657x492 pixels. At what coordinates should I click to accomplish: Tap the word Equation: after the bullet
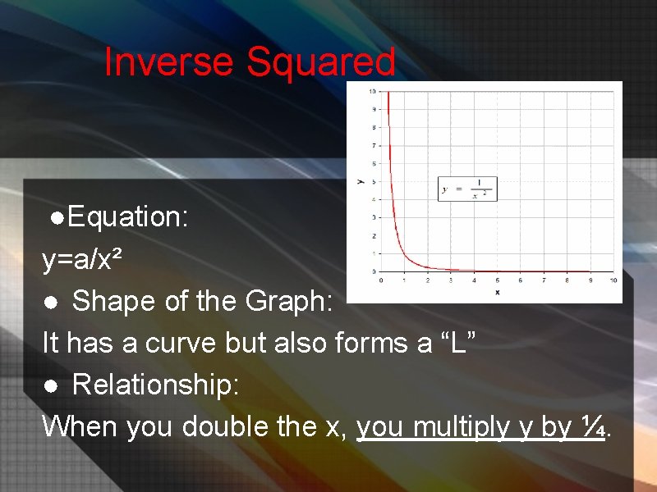pyautogui.click(x=129, y=217)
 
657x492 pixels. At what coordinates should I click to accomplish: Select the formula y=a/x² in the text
pyautogui.click(x=83, y=260)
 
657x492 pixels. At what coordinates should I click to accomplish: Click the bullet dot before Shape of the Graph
pyautogui.click(x=50, y=303)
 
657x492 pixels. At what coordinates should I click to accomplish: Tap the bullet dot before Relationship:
pyautogui.click(x=50, y=386)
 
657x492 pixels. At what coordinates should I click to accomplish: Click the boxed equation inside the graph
pyautogui.click(x=467, y=189)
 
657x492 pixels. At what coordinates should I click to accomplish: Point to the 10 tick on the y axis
pyautogui.click(x=372, y=91)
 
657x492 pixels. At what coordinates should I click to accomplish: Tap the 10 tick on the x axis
pyautogui.click(x=613, y=280)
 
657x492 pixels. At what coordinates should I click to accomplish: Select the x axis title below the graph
pyautogui.click(x=498, y=291)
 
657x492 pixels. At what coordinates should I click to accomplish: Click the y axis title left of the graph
pyautogui.click(x=359, y=180)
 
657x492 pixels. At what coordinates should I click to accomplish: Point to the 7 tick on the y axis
pyautogui.click(x=374, y=145)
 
